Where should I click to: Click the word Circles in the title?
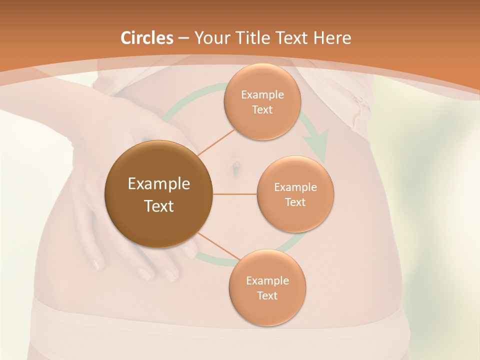(x=147, y=38)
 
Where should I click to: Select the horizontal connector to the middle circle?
(x=234, y=194)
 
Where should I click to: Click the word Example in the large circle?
(x=159, y=183)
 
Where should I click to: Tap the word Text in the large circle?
(x=159, y=205)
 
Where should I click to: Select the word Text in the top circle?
(x=262, y=109)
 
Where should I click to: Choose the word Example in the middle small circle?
(x=295, y=187)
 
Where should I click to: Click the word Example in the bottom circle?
(x=267, y=280)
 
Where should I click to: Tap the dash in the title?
(x=183, y=38)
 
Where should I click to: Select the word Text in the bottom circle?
(x=267, y=295)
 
